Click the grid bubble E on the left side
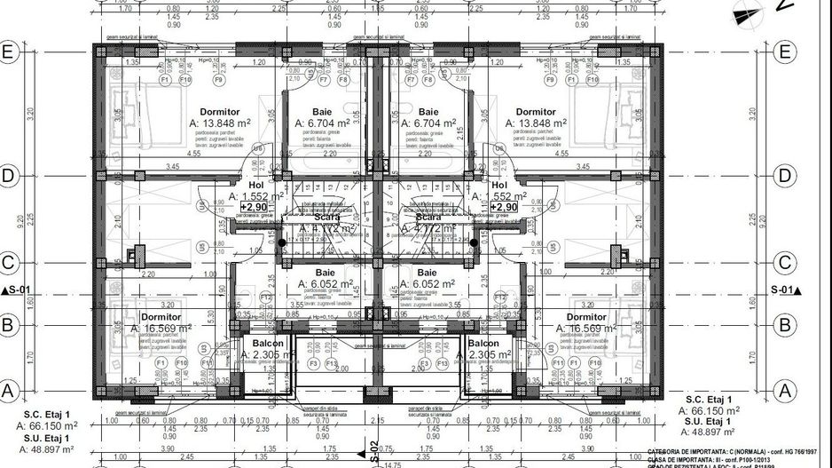pyautogui.click(x=10, y=52)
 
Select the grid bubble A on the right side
pyautogui.click(x=782, y=388)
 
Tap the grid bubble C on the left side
pyautogui.click(x=10, y=263)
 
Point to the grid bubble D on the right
pyautogui.click(x=782, y=176)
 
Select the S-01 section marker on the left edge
pyautogui.click(x=17, y=290)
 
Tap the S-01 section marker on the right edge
pyautogui.click(x=784, y=290)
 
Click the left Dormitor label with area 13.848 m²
pyautogui.click(x=219, y=112)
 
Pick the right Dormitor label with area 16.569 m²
pyautogui.click(x=586, y=317)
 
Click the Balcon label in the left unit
pyautogui.click(x=267, y=344)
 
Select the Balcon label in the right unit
pyautogui.click(x=483, y=344)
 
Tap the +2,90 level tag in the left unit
pyautogui.click(x=254, y=206)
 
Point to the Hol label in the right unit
pyautogui.click(x=500, y=184)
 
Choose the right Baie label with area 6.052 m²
pyautogui.click(x=427, y=273)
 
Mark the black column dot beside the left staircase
pyautogui.click(x=282, y=242)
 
